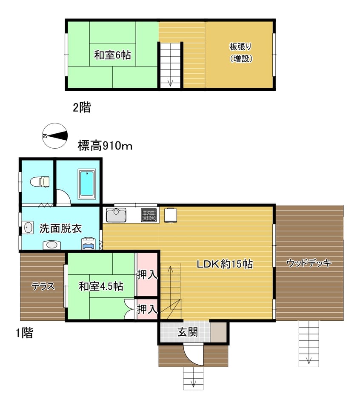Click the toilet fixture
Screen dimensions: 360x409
pyautogui.click(x=40, y=182)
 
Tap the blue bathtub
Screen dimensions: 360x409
pyautogui.click(x=87, y=184)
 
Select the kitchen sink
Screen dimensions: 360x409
pyautogui.click(x=116, y=215)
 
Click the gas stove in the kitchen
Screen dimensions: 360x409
pyautogui.click(x=149, y=215)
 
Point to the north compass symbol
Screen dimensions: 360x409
pyautogui.click(x=55, y=135)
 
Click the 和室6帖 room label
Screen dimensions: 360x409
pyautogui.click(x=112, y=55)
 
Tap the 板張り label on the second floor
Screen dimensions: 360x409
pyautogui.click(x=240, y=47)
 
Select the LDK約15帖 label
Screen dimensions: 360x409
pyautogui.click(x=225, y=264)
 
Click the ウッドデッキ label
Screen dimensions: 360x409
pyautogui.click(x=309, y=263)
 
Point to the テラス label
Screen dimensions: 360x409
pyautogui.click(x=43, y=286)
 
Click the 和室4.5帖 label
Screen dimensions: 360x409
pyautogui.click(x=101, y=286)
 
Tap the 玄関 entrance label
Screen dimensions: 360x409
pyautogui.click(x=188, y=332)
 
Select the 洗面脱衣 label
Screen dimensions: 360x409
pyautogui.click(x=61, y=228)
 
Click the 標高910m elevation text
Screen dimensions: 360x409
pyautogui.click(x=105, y=146)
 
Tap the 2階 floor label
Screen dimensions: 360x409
pyautogui.click(x=82, y=107)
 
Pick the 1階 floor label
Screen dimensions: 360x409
pyautogui.click(x=25, y=333)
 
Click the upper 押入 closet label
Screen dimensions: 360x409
pyautogui.click(x=147, y=274)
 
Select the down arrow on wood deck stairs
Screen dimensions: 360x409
pyautogui.click(x=309, y=360)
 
